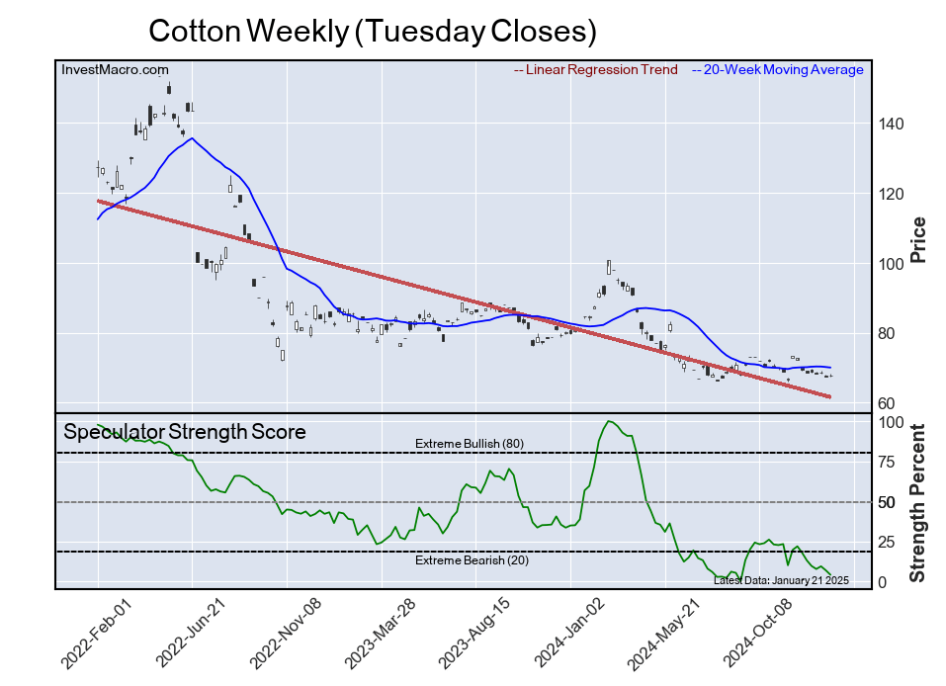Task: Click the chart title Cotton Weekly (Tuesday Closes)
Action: click(373, 32)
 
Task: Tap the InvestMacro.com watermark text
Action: click(115, 70)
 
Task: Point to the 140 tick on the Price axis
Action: click(892, 125)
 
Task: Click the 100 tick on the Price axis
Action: click(892, 264)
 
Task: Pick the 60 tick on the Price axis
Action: click(888, 403)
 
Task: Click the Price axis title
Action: click(918, 239)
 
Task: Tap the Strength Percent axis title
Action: click(918, 502)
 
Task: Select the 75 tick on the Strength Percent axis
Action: click(888, 462)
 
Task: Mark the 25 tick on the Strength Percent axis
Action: click(888, 542)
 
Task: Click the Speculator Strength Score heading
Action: click(185, 432)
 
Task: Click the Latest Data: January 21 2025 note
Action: click(781, 579)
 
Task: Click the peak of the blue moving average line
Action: click(192, 137)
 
